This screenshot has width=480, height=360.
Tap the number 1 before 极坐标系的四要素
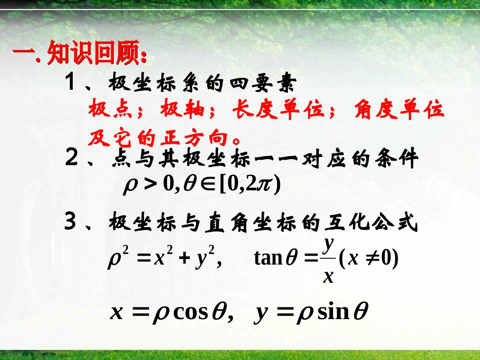[70, 82]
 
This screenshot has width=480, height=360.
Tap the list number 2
[71, 160]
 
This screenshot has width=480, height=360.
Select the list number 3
[71, 223]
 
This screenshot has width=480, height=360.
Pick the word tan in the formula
[268, 259]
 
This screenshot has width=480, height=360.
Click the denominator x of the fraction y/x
[328, 276]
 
